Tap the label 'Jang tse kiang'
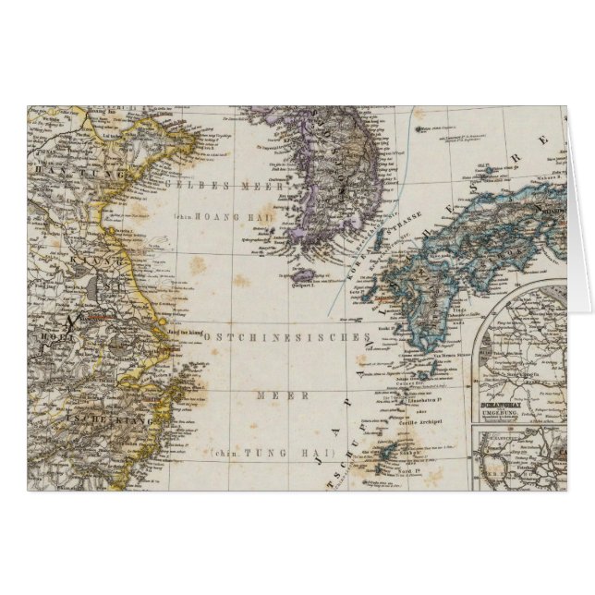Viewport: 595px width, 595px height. (x=180, y=330)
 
